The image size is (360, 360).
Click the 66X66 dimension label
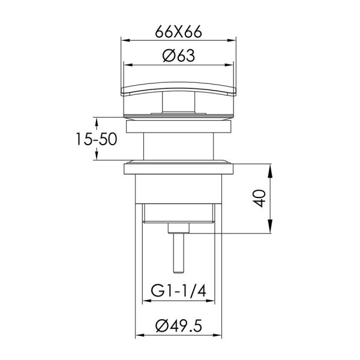click(178, 32)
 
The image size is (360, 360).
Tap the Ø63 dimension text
click(179, 56)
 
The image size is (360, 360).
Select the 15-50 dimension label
click(97, 139)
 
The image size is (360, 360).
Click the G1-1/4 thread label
click(178, 290)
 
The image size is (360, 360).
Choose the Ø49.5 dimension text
click(179, 326)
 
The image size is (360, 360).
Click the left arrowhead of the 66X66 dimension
click(125, 40)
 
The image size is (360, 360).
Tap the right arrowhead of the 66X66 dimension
click(232, 40)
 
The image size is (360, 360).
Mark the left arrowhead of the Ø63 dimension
click(128, 65)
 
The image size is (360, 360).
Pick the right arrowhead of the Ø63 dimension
click(229, 65)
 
